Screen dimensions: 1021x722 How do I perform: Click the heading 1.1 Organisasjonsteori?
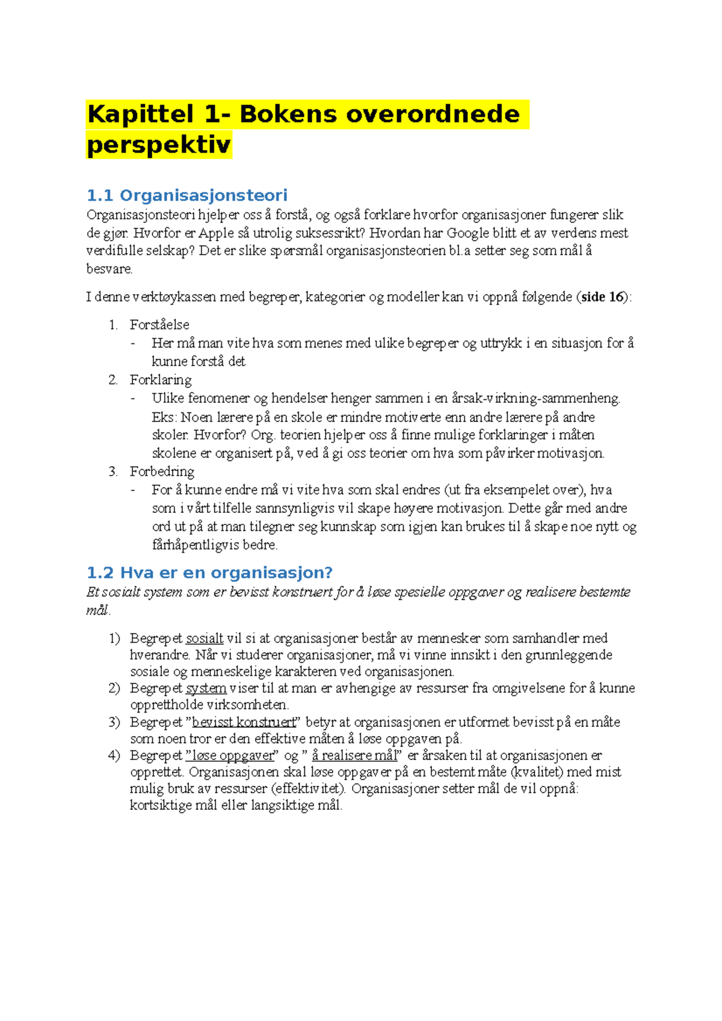click(187, 195)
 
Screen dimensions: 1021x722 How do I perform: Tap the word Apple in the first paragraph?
click(216, 233)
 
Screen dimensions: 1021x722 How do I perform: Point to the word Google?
click(467, 233)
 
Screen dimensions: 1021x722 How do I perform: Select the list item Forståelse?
click(159, 325)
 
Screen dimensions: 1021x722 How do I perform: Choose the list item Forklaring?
click(161, 380)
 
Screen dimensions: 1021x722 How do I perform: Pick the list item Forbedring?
click(162, 471)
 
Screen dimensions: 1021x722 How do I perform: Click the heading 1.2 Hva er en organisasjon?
click(210, 572)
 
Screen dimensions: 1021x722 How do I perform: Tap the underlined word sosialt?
click(205, 639)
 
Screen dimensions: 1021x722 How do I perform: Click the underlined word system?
click(206, 688)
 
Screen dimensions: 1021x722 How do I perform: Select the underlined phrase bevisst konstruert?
click(244, 722)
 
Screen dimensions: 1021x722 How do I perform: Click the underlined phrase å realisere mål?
click(354, 756)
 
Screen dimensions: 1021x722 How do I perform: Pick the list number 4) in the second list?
click(114, 756)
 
